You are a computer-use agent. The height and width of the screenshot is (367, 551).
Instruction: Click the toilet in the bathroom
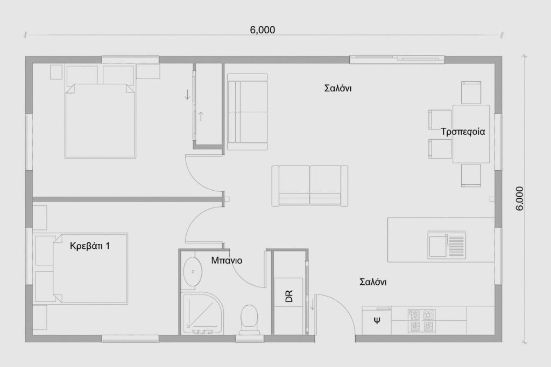pyautogui.click(x=250, y=319)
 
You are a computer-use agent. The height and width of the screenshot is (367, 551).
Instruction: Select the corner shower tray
pyautogui.click(x=202, y=313)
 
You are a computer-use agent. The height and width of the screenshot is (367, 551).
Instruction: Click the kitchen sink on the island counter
pyautogui.click(x=447, y=246)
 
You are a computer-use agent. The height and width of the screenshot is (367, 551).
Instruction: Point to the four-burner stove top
pyautogui.click(x=422, y=320)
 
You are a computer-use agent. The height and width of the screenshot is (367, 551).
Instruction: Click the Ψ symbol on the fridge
pyautogui.click(x=377, y=320)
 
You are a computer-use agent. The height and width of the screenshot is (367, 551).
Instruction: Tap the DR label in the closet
pyautogui.click(x=289, y=297)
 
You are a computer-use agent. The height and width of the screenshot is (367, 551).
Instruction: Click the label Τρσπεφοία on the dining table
pyautogui.click(x=463, y=132)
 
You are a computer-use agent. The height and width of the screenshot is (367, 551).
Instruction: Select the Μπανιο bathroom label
pyautogui.click(x=227, y=260)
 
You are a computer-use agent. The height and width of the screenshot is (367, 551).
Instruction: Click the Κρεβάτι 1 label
pyautogui.click(x=90, y=246)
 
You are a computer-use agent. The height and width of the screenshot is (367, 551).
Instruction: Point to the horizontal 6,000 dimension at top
pyautogui.click(x=263, y=30)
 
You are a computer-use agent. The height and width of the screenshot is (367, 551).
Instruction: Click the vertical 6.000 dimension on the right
pyautogui.click(x=520, y=199)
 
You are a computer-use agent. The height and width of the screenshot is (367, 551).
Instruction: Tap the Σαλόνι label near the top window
pyautogui.click(x=338, y=88)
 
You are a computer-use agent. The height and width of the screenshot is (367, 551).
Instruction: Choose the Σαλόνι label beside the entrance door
pyautogui.click(x=373, y=282)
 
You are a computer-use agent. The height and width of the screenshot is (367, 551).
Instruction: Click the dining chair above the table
pyautogui.click(x=471, y=92)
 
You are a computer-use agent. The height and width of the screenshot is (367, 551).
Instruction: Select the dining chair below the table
pyautogui.click(x=471, y=175)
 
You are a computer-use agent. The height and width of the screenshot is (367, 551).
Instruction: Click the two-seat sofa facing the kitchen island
pyautogui.click(x=309, y=185)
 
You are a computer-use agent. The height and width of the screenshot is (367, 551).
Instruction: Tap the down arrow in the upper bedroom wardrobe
pyautogui.click(x=187, y=94)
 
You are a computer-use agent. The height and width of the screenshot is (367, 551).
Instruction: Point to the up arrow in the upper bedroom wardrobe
pyautogui.click(x=201, y=116)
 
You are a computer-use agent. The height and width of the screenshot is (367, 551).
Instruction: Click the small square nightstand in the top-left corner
pyautogui.click(x=56, y=72)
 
